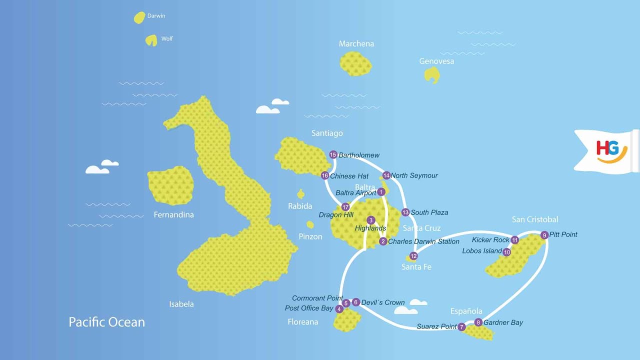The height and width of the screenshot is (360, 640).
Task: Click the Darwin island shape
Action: (x=139, y=18)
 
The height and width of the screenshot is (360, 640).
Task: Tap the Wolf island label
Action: (x=167, y=39)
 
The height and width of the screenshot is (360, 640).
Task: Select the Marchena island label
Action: (x=356, y=44)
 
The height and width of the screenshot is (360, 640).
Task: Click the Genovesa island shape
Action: (x=431, y=75)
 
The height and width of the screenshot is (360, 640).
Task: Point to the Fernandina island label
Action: (x=173, y=215)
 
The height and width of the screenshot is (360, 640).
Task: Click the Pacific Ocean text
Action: (x=106, y=322)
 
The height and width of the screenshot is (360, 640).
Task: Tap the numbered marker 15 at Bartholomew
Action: (x=333, y=155)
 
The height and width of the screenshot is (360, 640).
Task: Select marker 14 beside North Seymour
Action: (x=386, y=175)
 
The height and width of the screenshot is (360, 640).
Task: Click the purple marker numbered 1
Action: (x=381, y=192)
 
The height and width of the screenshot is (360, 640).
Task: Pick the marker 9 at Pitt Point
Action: (x=544, y=235)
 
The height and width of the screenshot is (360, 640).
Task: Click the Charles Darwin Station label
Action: (x=423, y=241)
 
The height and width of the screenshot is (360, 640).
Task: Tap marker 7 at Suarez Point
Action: (x=461, y=327)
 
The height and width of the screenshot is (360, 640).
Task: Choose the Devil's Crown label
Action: (x=382, y=302)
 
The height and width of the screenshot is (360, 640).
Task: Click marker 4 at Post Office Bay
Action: (x=339, y=309)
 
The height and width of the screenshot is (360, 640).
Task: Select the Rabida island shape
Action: (x=301, y=193)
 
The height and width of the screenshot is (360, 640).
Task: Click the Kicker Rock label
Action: (x=490, y=240)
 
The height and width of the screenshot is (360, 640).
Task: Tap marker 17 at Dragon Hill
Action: (x=345, y=207)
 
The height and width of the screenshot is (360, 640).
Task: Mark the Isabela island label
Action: (x=181, y=304)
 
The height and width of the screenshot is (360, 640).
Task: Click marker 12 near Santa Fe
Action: (x=413, y=256)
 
